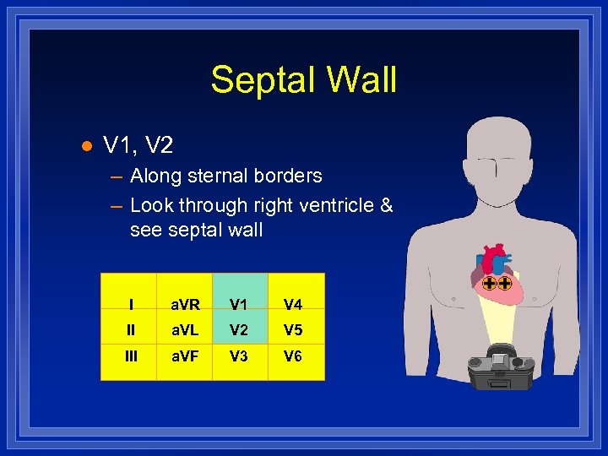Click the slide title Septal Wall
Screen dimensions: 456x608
303,80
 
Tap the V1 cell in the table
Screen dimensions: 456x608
241,305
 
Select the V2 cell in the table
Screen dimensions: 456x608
241,330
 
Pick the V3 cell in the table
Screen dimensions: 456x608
241,356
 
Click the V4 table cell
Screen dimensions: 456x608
293,305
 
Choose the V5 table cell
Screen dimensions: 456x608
293,330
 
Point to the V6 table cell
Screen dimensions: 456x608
293,356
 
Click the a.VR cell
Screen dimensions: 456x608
185,305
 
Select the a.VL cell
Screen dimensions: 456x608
185,330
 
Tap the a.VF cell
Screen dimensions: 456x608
185,356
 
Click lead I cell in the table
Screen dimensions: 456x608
131,305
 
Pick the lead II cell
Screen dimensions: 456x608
131,330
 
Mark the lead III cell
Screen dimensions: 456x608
131,356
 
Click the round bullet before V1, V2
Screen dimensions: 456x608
84,146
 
